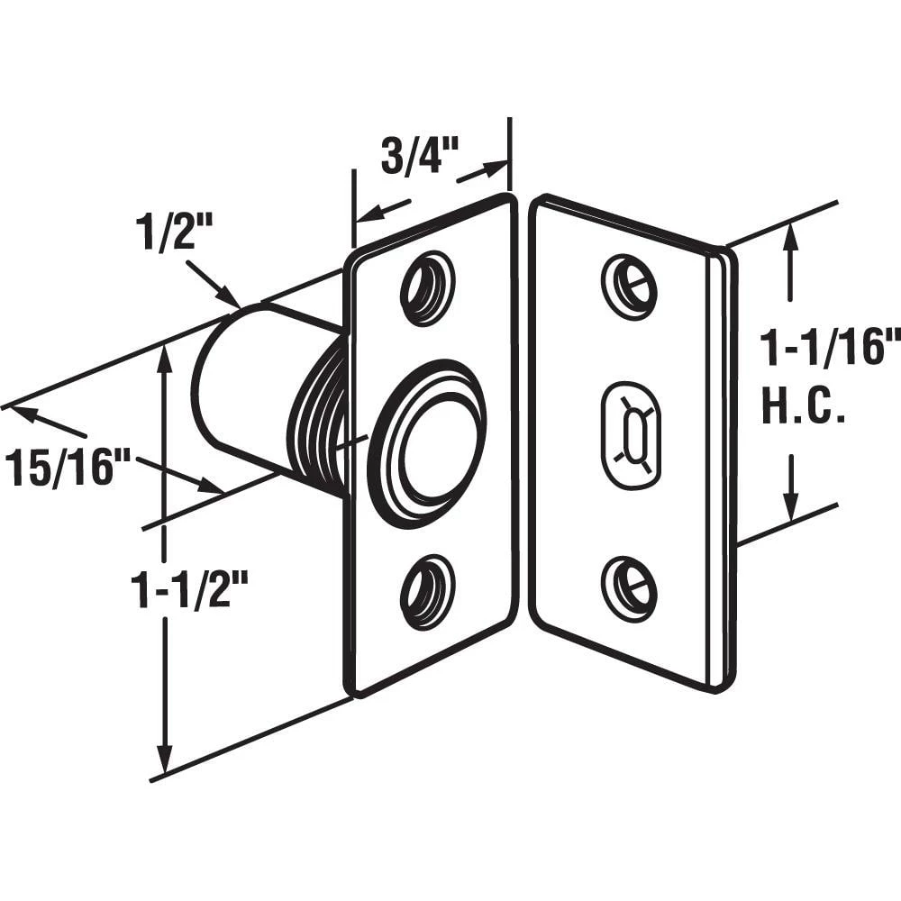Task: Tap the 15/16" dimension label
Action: pyautogui.click(x=68, y=469)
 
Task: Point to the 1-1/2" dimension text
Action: pyautogui.click(x=189, y=592)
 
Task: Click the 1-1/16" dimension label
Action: pyautogui.click(x=829, y=347)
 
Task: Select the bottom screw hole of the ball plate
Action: pyautogui.click(x=427, y=593)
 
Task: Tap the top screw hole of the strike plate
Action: pyautogui.click(x=629, y=287)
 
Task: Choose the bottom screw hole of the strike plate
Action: pyautogui.click(x=629, y=589)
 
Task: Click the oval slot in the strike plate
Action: pyautogui.click(x=631, y=436)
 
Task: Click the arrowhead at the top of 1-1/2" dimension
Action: pyautogui.click(x=164, y=356)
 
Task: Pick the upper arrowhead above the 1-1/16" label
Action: pyautogui.click(x=791, y=236)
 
